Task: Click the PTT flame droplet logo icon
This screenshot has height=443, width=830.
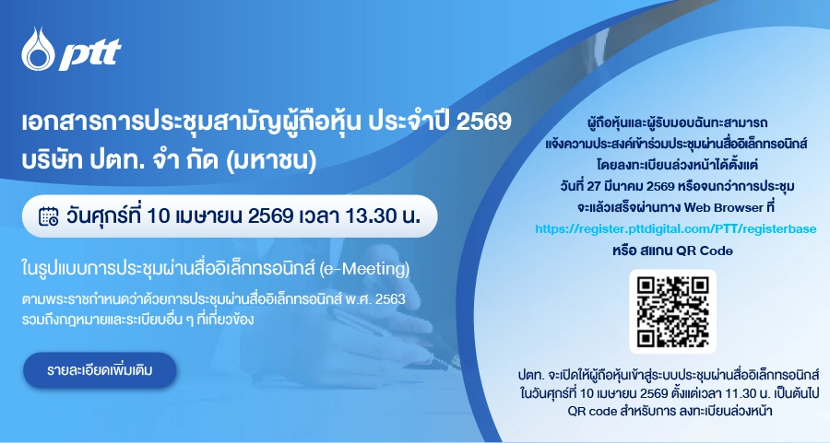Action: tap(38, 49)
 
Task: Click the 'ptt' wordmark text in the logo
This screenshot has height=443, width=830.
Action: tap(90, 53)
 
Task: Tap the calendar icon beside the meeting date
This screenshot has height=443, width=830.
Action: tap(49, 216)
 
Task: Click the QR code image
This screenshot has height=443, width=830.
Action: tap(672, 311)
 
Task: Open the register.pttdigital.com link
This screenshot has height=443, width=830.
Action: tap(675, 229)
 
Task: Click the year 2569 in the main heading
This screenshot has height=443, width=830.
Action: tap(483, 122)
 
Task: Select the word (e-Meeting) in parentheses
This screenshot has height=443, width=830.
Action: tap(364, 269)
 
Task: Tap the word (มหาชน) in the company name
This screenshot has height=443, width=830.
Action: tap(271, 160)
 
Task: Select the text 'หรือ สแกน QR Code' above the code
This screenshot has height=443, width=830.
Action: tap(672, 250)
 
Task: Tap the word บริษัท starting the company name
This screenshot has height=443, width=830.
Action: tap(53, 159)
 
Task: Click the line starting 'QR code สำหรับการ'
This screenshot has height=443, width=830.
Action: tap(670, 411)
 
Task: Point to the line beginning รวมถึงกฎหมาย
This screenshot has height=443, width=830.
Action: tap(138, 320)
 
